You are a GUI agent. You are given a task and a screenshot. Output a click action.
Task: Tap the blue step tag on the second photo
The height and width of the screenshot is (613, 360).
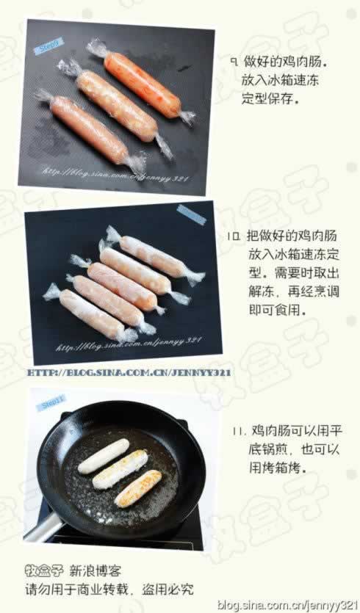(191, 215)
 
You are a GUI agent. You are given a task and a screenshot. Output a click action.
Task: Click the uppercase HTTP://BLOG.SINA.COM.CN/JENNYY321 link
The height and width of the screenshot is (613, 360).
(129, 373)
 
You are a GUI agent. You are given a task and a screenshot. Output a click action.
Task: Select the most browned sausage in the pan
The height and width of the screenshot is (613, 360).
(137, 489)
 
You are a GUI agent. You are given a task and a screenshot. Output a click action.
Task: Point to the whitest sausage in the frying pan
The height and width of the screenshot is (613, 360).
(104, 456)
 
